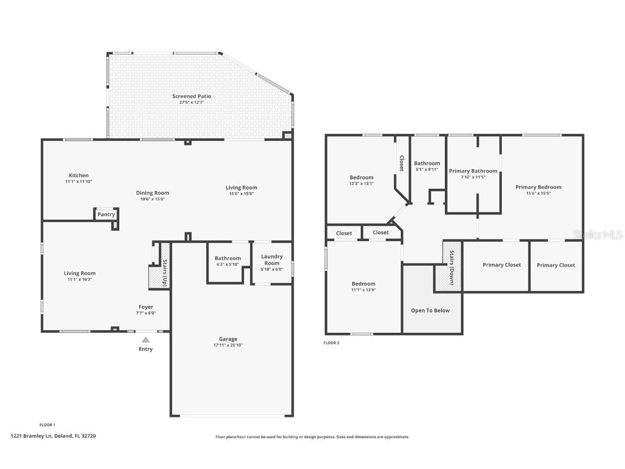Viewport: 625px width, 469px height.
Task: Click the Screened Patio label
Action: click(x=192, y=96)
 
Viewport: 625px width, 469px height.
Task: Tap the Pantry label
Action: click(x=106, y=214)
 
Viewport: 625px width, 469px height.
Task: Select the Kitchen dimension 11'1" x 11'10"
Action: click(x=79, y=182)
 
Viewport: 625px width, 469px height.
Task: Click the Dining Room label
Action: click(x=152, y=193)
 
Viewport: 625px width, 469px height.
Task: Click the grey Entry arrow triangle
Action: click(x=145, y=340)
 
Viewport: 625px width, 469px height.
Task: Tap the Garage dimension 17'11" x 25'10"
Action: click(x=228, y=345)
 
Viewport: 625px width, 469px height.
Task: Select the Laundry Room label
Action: click(x=272, y=259)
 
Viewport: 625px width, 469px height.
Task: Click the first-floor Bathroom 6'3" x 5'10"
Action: click(x=227, y=261)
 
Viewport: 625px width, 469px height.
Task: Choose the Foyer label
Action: click(x=145, y=307)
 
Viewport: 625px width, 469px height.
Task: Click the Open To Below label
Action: click(x=430, y=310)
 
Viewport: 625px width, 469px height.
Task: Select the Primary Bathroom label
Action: click(x=473, y=171)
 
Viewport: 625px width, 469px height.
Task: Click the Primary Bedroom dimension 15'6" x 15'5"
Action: click(x=538, y=193)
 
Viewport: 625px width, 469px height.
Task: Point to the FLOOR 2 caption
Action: click(x=331, y=343)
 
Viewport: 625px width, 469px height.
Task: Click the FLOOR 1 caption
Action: click(x=47, y=424)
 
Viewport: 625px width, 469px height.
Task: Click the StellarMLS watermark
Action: click(x=598, y=234)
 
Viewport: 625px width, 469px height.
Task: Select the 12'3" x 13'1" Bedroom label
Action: click(x=361, y=178)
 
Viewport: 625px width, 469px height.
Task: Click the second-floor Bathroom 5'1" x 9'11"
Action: click(x=427, y=163)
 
